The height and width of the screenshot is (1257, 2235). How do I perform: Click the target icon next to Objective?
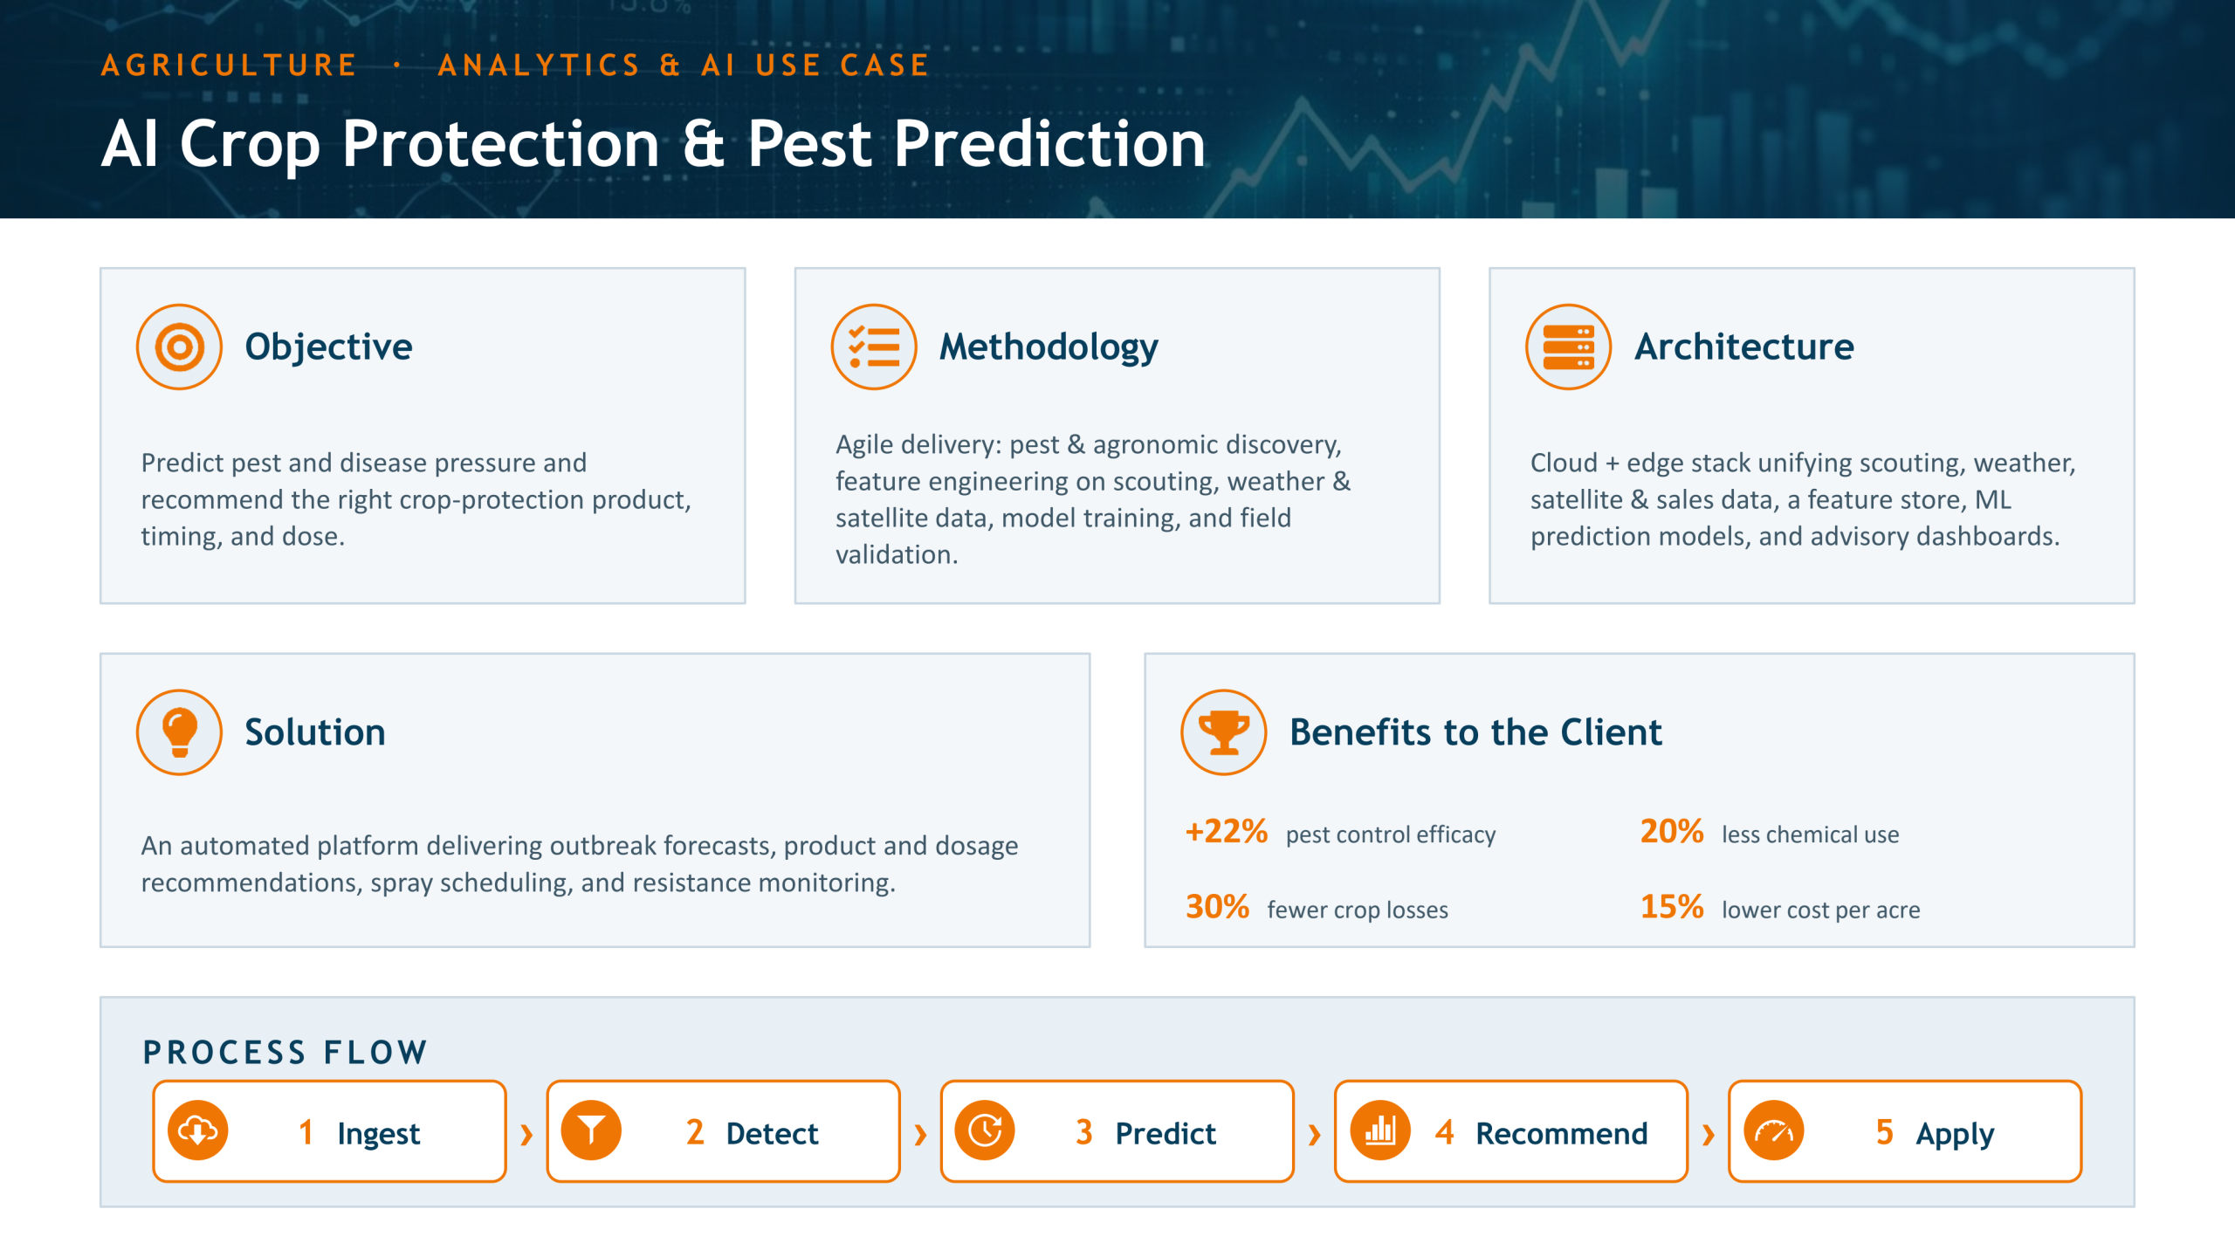coord(179,347)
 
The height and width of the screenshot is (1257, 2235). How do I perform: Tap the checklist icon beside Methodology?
coord(874,347)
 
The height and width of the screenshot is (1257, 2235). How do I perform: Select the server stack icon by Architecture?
coord(1569,347)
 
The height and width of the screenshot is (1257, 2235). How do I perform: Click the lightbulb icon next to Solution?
coord(179,732)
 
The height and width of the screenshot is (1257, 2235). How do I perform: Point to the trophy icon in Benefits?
coord(1224,732)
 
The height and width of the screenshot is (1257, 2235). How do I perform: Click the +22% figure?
coord(1227,831)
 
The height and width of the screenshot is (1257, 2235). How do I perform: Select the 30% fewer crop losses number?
coord(1217,907)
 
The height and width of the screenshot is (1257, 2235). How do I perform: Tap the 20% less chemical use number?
coord(1672,831)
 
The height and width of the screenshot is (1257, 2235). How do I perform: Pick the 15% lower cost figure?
coord(1672,907)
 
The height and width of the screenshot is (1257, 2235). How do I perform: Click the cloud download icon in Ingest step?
coord(198,1131)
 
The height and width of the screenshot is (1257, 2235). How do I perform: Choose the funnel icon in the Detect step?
coord(591,1131)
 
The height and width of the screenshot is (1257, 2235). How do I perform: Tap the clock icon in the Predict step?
coord(985,1131)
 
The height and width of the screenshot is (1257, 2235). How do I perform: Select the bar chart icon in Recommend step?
coord(1380,1131)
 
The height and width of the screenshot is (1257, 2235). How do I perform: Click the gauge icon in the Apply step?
coord(1774,1131)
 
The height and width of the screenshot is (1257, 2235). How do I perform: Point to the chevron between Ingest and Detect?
coord(526,1135)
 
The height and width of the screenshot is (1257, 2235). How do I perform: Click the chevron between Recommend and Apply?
coord(1709,1135)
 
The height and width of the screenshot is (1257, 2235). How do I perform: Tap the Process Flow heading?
coord(285,1053)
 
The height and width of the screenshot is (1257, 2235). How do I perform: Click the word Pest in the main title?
coord(809,144)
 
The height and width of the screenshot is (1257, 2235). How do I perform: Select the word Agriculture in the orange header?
coord(229,65)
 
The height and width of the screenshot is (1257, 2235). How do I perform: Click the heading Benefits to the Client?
coord(1475,732)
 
